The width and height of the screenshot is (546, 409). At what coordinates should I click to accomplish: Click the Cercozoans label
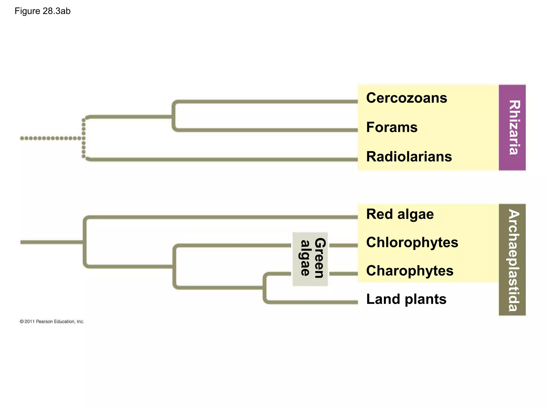406,98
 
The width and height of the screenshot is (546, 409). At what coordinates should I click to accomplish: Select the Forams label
392,127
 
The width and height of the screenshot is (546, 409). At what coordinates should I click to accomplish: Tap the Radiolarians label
409,157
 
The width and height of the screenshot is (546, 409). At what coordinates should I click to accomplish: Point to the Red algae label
400,214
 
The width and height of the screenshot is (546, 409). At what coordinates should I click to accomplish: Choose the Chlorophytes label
412,243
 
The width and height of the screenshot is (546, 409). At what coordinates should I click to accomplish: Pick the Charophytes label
409,271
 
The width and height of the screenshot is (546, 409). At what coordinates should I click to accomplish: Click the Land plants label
406,299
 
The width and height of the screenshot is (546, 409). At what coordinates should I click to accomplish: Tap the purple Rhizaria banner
512,128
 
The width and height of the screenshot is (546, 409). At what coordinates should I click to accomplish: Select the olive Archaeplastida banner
512,260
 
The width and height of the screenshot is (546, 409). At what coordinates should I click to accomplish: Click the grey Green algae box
310,259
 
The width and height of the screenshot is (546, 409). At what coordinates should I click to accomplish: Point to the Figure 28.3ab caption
43,11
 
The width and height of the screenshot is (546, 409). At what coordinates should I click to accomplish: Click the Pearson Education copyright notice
52,322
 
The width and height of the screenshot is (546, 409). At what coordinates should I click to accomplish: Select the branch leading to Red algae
221,217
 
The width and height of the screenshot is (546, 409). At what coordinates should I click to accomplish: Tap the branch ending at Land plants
312,302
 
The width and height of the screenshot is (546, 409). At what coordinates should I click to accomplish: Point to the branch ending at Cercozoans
267,101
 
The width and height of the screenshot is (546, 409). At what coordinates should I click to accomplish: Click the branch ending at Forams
267,130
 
